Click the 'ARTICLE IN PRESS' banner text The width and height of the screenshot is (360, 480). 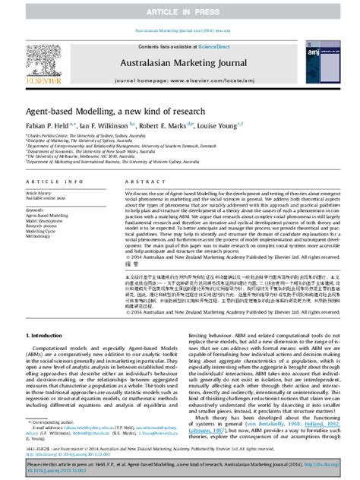click(x=179, y=10)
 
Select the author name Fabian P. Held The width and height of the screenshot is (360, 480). click(x=50, y=125)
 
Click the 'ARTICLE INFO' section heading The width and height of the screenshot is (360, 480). click(x=49, y=182)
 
